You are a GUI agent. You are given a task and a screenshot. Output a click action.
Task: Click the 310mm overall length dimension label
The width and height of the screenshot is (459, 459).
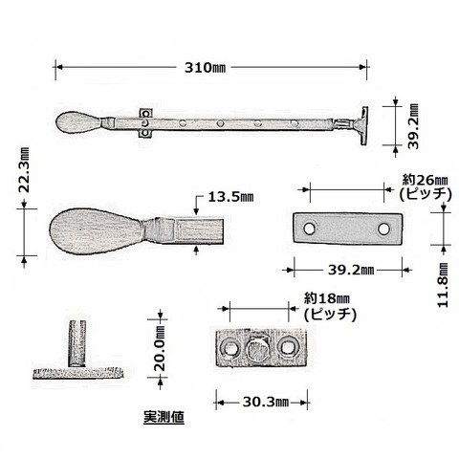(x=205, y=68)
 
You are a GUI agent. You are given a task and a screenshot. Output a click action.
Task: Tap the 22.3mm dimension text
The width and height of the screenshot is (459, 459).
(x=24, y=170)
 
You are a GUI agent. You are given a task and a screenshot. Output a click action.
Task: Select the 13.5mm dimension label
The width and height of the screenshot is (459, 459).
(x=230, y=197)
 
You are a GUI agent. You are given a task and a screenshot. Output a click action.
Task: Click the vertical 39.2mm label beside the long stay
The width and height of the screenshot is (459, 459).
(x=413, y=126)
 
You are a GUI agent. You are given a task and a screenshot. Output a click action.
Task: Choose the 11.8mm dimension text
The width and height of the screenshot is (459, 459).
(x=443, y=285)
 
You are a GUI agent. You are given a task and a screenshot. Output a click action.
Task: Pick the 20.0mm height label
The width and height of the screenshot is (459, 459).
(x=160, y=348)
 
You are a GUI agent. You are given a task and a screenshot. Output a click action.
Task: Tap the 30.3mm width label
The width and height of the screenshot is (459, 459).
(x=266, y=403)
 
